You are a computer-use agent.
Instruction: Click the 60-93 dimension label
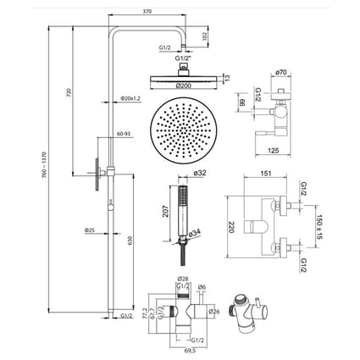pos(125,135)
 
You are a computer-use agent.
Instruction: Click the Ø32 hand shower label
pos(200,174)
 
